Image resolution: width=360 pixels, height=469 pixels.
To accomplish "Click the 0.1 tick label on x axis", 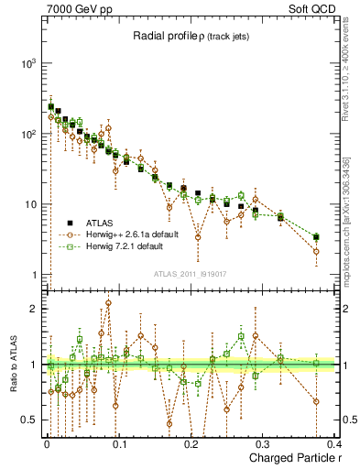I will point(118,444).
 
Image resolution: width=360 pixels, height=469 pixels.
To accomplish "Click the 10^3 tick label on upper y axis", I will point(30,63).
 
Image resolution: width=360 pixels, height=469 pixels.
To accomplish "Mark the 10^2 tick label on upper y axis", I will point(30,134).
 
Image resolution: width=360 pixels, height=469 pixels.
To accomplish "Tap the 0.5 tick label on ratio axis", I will point(28,420).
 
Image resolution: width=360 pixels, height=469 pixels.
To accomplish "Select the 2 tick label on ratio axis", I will point(35,309).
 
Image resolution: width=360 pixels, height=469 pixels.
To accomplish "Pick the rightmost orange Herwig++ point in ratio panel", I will point(316,401).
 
